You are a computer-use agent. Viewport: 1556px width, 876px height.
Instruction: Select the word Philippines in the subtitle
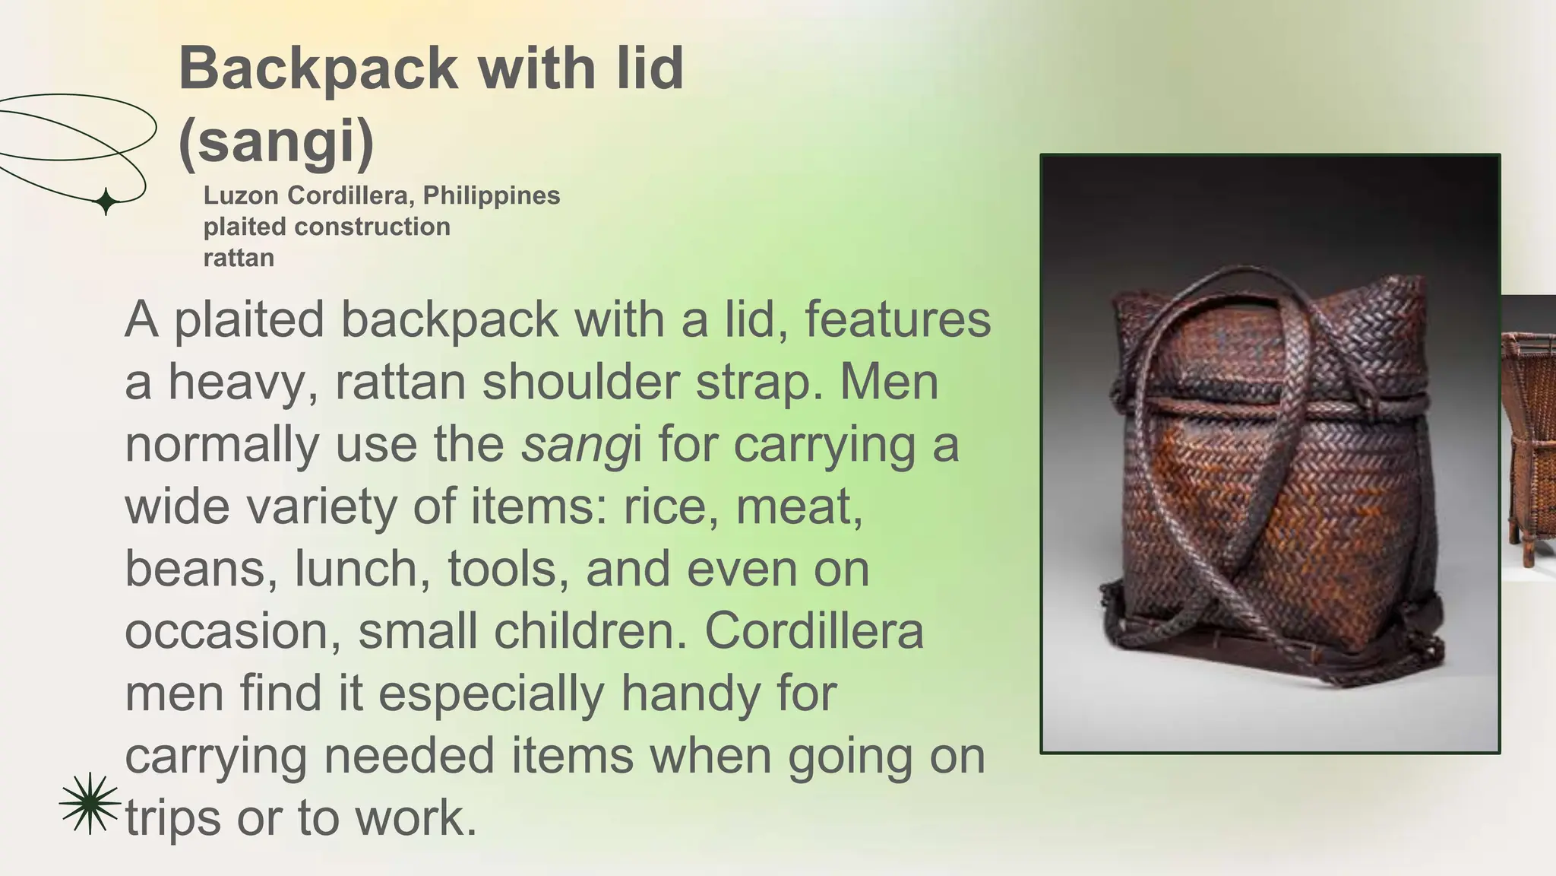tap(492, 195)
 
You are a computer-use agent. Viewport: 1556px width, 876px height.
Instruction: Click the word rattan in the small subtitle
tap(239, 258)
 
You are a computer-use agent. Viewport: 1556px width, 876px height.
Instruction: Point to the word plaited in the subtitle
tap(245, 227)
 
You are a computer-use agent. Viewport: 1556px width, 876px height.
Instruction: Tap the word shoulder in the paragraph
tap(581, 382)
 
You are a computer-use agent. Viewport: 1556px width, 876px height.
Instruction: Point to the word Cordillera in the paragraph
tap(814, 631)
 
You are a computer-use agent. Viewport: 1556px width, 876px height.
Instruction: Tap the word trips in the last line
tap(172, 818)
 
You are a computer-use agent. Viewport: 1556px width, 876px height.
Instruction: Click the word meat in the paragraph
tap(799, 506)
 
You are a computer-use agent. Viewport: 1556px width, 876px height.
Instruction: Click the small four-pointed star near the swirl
tap(106, 202)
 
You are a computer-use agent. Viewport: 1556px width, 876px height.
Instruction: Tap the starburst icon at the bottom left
tap(90, 803)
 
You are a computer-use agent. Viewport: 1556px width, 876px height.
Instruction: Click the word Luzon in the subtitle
tap(241, 195)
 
